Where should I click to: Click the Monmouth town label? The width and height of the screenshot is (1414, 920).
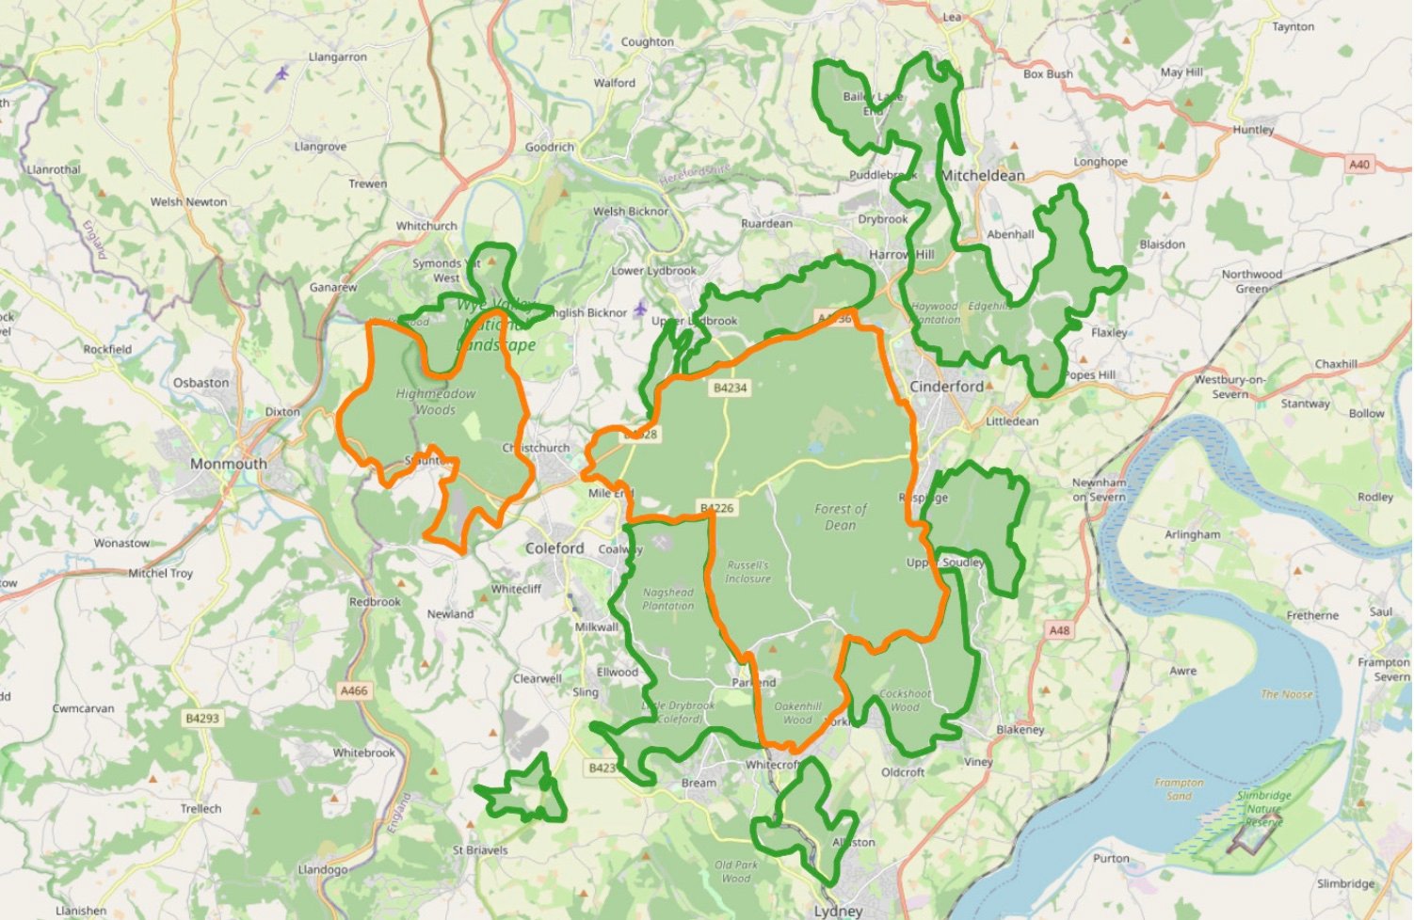coord(229,464)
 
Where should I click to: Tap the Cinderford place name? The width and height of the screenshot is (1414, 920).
coord(946,387)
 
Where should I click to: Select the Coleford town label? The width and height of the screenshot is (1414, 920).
coord(554,547)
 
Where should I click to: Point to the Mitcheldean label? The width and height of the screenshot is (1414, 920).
coord(983,175)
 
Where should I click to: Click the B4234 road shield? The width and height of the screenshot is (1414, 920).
coord(730,388)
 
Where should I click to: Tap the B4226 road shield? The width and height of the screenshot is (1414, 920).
coord(716,508)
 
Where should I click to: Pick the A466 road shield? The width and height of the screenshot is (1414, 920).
coord(354,690)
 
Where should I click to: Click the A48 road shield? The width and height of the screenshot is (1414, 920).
coord(1059,630)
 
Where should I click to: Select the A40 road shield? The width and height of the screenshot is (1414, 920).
coord(1358,165)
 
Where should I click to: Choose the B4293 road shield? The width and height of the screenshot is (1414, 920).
coord(202,718)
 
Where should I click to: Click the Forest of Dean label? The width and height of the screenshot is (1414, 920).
coord(841,516)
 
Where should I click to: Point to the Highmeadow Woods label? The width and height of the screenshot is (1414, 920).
coord(436,402)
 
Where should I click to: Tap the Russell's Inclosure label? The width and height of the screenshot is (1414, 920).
coord(747,572)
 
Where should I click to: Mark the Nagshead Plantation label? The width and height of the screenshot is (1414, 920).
coord(668,599)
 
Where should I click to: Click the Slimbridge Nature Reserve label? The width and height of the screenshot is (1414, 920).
coord(1263,808)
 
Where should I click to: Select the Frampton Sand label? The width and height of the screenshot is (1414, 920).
coord(1179,788)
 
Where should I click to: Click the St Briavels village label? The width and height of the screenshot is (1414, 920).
coord(480,850)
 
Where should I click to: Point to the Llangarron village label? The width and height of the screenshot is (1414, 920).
coord(338,57)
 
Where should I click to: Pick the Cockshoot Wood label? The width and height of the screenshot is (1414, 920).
coord(905,700)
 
